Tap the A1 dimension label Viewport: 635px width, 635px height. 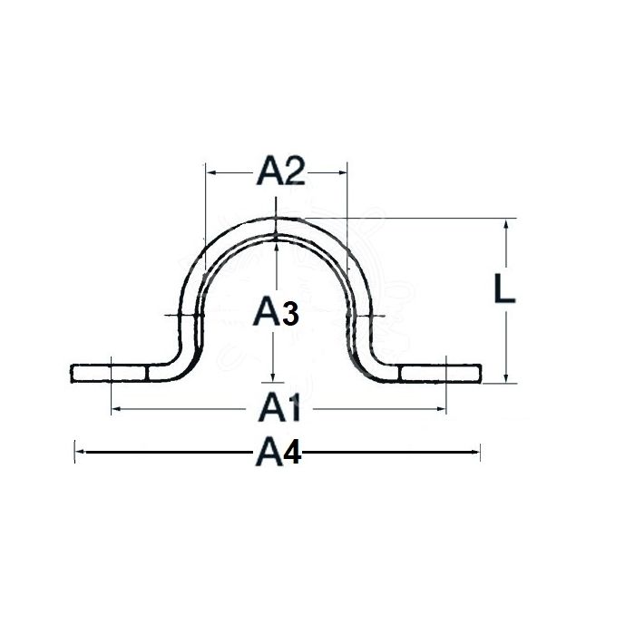pyautogui.click(x=279, y=409)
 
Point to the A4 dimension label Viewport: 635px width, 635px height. pyautogui.click(x=278, y=452)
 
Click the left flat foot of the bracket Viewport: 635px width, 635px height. pyautogui.click(x=109, y=373)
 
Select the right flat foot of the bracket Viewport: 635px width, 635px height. pyautogui.click(x=440, y=373)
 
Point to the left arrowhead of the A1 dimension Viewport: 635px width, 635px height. pyautogui.click(x=115, y=409)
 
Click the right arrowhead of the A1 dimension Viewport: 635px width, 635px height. pyautogui.click(x=442, y=409)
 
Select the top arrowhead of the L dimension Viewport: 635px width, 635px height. pyautogui.click(x=506, y=223)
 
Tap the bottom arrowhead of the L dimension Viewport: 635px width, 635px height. pyautogui.click(x=506, y=378)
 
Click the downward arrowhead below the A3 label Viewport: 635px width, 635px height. pyautogui.click(x=273, y=376)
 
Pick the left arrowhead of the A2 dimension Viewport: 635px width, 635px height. pyautogui.click(x=210, y=170)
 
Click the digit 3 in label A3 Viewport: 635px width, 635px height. pyautogui.click(x=288, y=315)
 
